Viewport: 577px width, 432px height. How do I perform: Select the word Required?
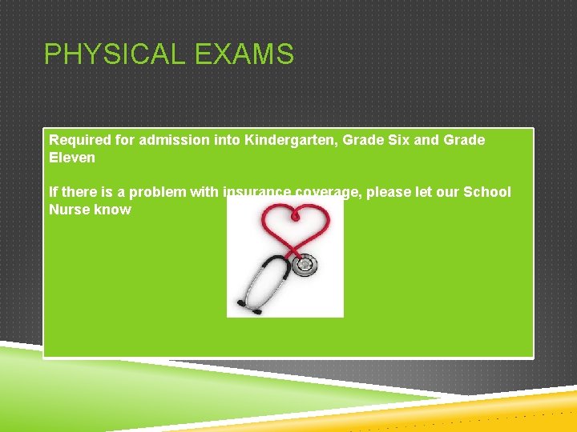[x=80, y=140]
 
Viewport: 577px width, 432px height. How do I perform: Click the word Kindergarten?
[x=294, y=140]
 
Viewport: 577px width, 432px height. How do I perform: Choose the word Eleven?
[x=72, y=158]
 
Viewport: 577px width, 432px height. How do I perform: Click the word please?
[x=389, y=192]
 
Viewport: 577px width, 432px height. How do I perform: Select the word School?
[x=487, y=192]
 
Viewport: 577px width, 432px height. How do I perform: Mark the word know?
[x=114, y=210]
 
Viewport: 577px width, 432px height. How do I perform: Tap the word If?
[x=54, y=192]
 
